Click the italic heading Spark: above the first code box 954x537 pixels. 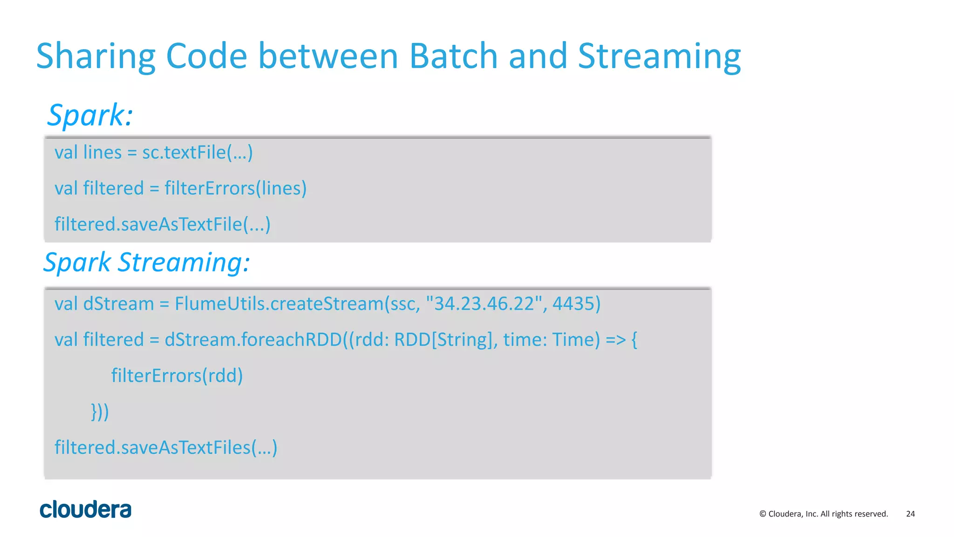90,115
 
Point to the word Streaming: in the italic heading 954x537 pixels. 184,262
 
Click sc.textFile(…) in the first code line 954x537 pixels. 197,152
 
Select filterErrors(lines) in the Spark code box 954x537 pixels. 235,188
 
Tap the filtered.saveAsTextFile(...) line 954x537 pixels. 162,224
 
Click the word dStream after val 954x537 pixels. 118,304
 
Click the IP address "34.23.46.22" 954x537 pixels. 484,304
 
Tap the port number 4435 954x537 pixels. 576,304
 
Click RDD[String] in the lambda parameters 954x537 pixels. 443,340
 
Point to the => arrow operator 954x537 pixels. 615,340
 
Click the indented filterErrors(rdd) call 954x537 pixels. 177,376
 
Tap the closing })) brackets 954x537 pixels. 100,412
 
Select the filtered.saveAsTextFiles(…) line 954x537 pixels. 166,447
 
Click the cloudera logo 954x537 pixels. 86,509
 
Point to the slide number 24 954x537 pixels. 910,514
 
